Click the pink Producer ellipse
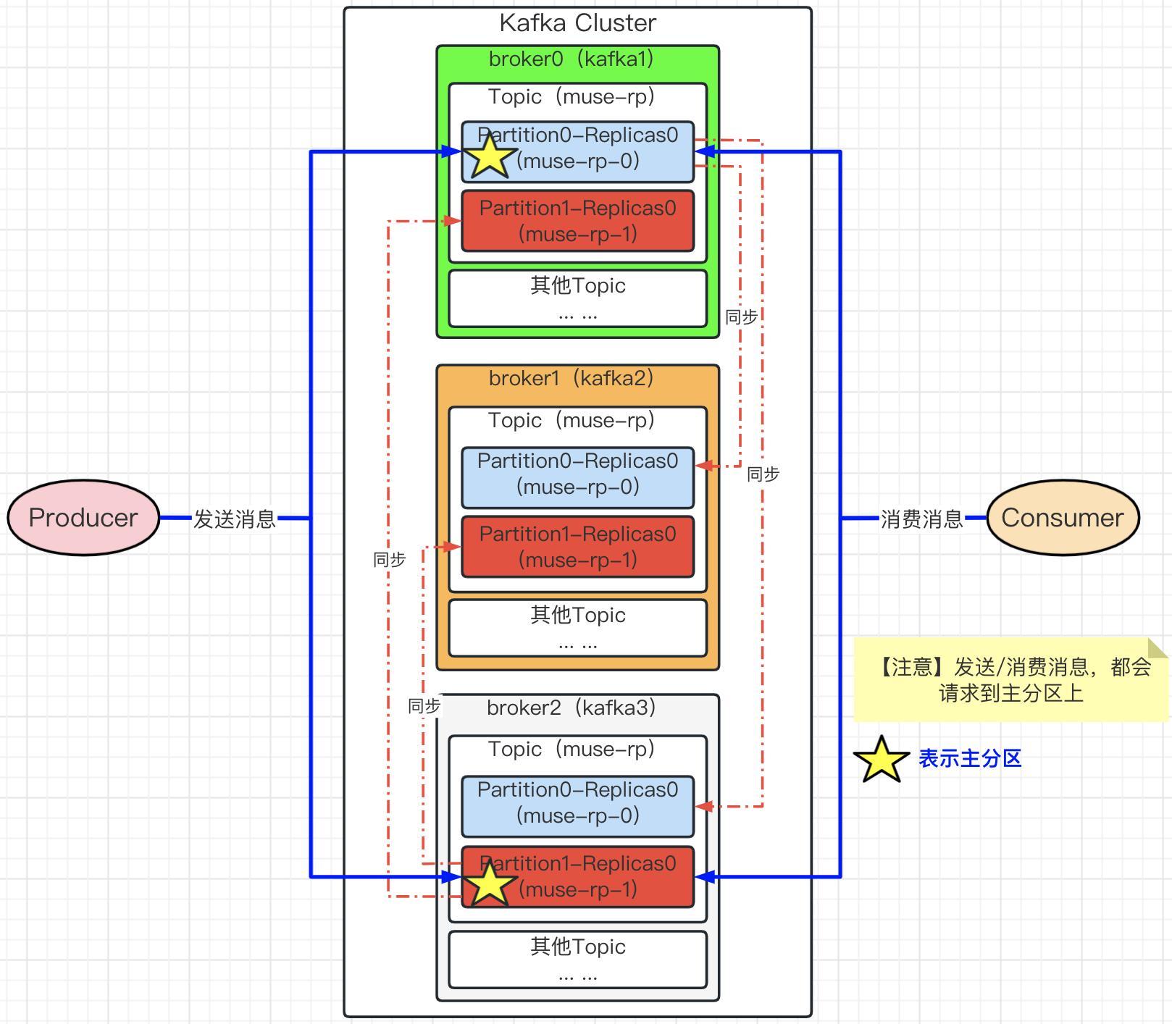pos(83,518)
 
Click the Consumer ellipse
pos(1063,518)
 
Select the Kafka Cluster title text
pos(578,23)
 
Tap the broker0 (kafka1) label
pos(572,59)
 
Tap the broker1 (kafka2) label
pos(572,378)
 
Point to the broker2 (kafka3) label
pos(572,708)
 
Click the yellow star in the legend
pos(882,760)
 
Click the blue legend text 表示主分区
pos(970,758)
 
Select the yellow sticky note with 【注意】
pos(1011,679)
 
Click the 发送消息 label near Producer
pos(235,519)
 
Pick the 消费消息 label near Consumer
pos(921,519)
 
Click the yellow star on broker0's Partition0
pos(490,154)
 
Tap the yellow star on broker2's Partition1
pos(490,883)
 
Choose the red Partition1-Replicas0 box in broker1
pos(578,547)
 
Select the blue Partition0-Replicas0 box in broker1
pos(578,477)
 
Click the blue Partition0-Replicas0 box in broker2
pos(578,806)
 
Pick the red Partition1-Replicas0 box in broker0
pos(578,221)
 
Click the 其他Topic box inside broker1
pos(578,628)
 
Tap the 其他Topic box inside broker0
pos(578,298)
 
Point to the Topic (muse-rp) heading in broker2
pos(572,749)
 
